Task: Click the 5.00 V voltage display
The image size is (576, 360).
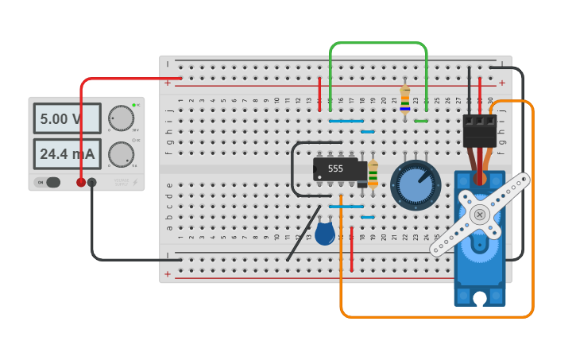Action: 67,118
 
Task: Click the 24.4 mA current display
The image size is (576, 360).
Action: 67,153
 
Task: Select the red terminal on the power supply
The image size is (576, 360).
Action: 81,182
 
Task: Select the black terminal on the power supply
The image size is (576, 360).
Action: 92,182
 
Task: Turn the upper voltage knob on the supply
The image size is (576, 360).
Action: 121,118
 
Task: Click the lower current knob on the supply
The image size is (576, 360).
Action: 121,153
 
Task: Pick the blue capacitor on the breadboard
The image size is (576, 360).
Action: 324,233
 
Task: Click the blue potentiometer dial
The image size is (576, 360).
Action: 415,184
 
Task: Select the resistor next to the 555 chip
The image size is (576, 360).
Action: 373,172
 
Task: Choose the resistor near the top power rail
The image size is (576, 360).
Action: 405,100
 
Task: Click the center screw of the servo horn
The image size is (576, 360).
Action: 480,215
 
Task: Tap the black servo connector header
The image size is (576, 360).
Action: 480,130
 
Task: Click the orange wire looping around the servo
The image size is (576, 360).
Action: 532,238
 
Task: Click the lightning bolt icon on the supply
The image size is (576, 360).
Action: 135,183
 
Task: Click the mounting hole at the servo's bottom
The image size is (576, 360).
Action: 480,299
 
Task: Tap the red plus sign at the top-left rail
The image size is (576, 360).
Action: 168,83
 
